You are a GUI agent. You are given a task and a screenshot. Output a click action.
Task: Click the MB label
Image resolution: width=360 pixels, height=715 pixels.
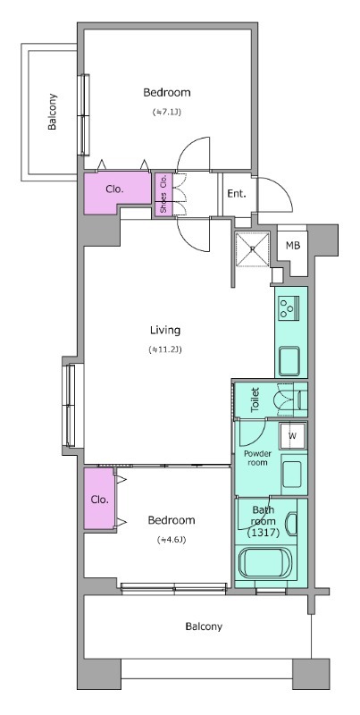pos(293,245)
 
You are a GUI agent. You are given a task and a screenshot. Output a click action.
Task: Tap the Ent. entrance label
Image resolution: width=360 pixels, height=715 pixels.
pos(237,193)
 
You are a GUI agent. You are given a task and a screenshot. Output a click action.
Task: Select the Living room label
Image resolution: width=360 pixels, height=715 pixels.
pos(165,329)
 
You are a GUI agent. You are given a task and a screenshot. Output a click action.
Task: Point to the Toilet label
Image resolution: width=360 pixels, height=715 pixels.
pos(255,400)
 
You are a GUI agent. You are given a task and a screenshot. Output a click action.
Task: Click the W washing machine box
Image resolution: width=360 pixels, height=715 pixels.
pos(293,435)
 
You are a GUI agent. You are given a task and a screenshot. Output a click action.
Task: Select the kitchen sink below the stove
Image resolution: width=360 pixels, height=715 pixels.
pos(289,360)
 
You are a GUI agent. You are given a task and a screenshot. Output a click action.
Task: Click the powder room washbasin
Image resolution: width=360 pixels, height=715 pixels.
pos(291,475)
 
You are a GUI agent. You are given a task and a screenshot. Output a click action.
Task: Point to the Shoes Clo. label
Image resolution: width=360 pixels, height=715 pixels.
pos(163,195)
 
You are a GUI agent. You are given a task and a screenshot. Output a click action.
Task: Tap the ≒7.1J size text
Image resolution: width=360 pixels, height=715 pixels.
pos(167,112)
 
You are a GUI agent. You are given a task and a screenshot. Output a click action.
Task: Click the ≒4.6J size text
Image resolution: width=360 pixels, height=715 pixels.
pos(172,540)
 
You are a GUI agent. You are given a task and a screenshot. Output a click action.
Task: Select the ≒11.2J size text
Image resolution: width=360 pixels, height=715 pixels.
pos(165,349)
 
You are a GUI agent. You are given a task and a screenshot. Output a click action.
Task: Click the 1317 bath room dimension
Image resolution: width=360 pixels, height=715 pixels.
pos(263,532)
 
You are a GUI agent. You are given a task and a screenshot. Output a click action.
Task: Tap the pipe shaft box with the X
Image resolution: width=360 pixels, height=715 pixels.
pos(253,249)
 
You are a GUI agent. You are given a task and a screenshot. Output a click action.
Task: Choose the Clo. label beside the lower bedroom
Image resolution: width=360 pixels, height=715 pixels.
pos(100,500)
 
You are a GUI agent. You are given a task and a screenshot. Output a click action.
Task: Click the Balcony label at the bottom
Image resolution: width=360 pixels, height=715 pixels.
pos(204,627)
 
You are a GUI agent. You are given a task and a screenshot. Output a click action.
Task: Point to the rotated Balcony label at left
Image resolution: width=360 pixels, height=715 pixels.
pos(53,112)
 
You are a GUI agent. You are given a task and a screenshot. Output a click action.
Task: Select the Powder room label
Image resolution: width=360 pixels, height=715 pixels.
pos(257,458)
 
